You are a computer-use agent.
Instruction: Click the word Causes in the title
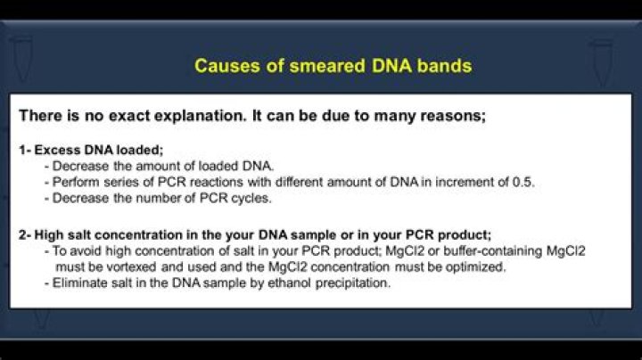(222, 66)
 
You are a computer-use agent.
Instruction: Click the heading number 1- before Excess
(25, 151)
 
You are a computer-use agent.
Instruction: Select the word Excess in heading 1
(54, 151)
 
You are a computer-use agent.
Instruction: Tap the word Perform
(74, 182)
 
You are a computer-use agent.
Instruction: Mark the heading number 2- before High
(25, 235)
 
